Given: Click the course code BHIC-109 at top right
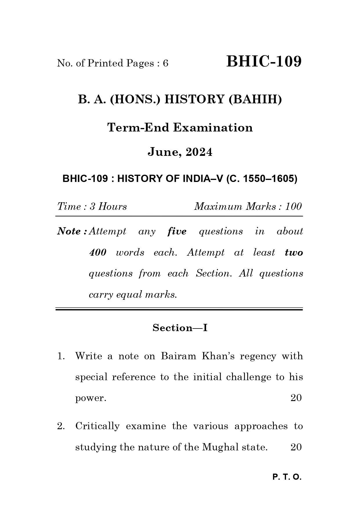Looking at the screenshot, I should click(264, 62).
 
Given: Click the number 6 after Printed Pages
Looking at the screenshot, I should click(166, 63).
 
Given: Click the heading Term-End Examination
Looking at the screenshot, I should click(180, 127).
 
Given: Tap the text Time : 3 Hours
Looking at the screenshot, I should click(92, 207).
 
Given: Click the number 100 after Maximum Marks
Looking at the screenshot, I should click(293, 207).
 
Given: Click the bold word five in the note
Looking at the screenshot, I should click(177, 232).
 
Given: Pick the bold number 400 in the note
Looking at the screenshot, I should click(98, 252).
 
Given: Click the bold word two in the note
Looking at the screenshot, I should click(294, 253).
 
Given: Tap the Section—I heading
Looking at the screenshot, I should click(180, 328).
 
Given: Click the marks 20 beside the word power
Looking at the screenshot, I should click(296, 398).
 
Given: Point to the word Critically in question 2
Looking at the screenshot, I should click(97, 426).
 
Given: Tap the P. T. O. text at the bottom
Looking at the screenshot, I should click(287, 477).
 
